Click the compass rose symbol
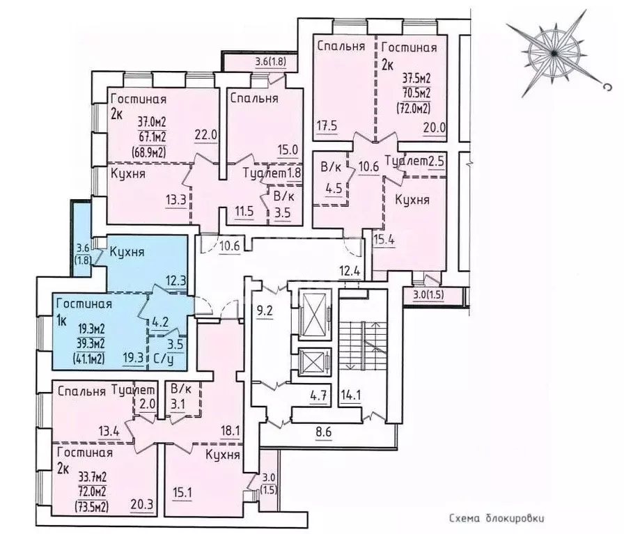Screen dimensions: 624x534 [x=554, y=53]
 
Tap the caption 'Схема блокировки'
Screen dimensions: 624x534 [x=497, y=519]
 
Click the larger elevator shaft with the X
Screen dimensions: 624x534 [x=314, y=313]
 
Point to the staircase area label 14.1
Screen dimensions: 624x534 [x=350, y=395]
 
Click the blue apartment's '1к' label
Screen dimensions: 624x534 [x=62, y=321]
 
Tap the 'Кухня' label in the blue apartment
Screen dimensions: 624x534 [x=127, y=252]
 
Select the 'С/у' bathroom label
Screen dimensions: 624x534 [x=163, y=359]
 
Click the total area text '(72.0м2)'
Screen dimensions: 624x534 [x=414, y=107]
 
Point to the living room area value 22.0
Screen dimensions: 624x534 [x=205, y=135]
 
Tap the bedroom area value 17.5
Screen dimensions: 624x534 [x=327, y=126]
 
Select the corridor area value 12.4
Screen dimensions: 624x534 [x=350, y=272]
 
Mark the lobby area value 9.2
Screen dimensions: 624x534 [x=265, y=311]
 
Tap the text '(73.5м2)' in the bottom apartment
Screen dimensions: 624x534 [x=91, y=507]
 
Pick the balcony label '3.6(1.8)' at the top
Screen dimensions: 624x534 [x=271, y=62]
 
